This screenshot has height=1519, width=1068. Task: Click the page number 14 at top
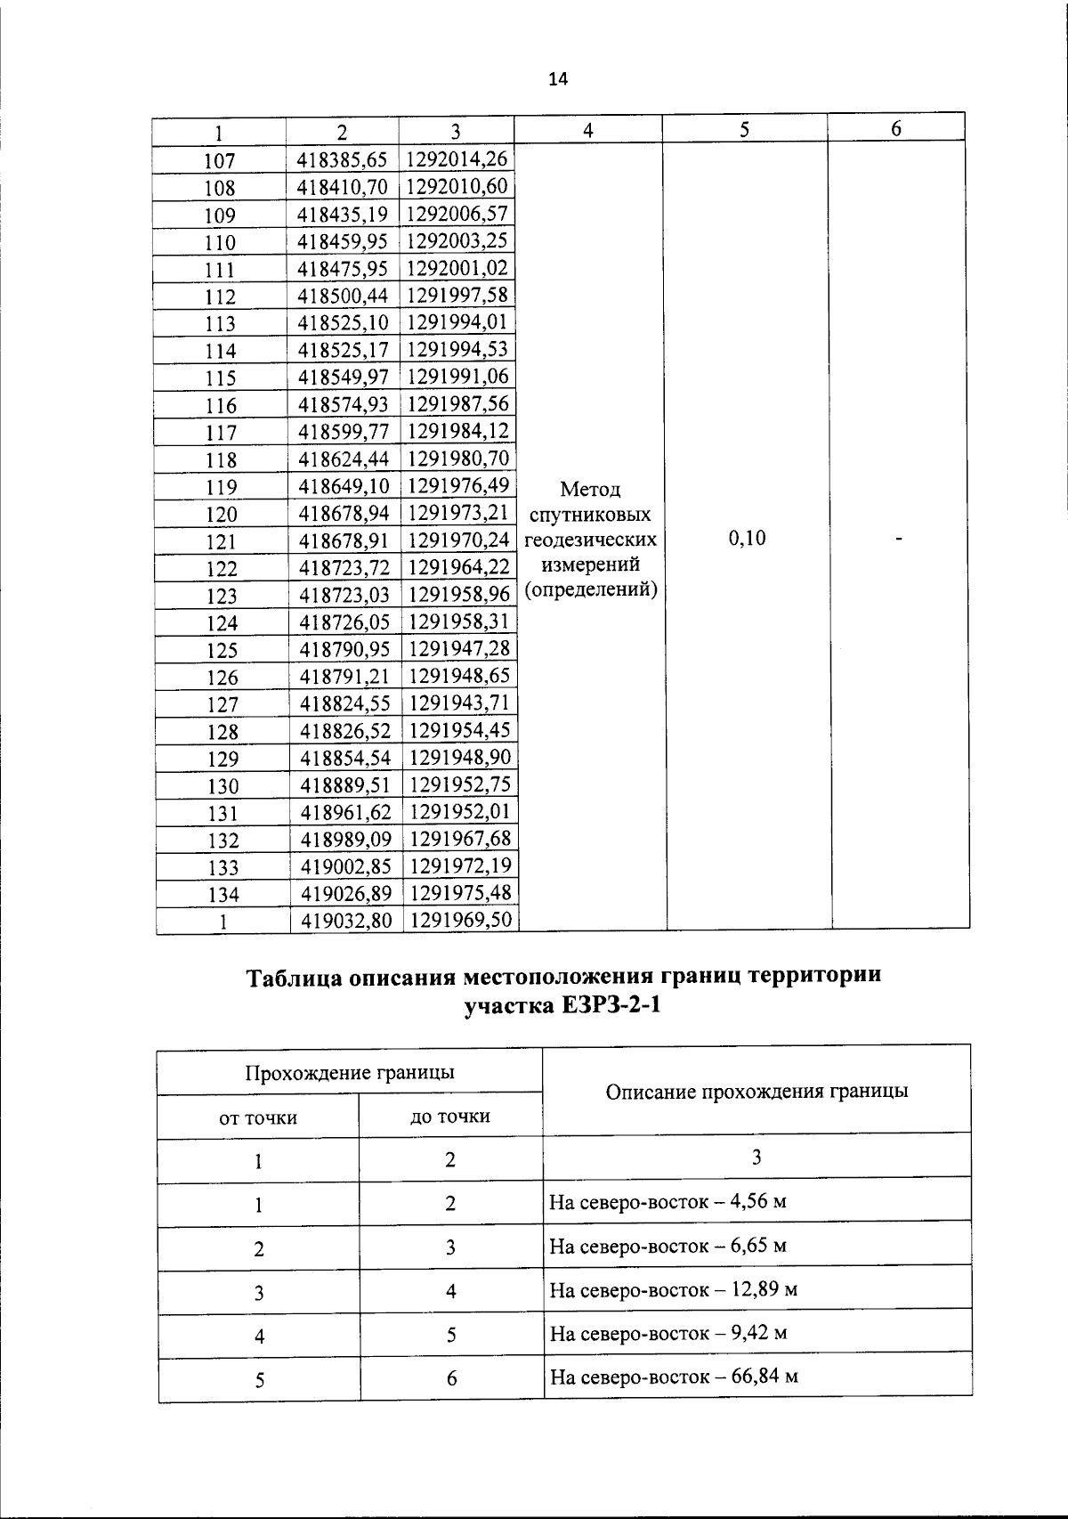[x=557, y=79]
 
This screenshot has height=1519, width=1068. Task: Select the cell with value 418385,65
[x=343, y=159]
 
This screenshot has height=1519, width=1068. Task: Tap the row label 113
[x=220, y=323]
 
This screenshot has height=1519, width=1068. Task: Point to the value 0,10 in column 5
[x=746, y=538]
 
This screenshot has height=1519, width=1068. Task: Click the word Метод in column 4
[x=591, y=489]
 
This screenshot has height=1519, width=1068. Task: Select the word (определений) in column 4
[x=591, y=589]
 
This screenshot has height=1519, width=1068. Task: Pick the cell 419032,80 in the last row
[x=346, y=920]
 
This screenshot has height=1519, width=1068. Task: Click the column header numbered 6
[x=896, y=129]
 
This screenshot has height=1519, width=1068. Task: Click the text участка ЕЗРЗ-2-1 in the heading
[x=563, y=1007]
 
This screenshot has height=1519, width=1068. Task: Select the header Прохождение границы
[x=350, y=1072]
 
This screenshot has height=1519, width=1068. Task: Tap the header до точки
[x=450, y=1117]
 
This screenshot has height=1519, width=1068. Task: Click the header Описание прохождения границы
[x=756, y=1091]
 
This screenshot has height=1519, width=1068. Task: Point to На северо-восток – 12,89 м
[x=673, y=1289]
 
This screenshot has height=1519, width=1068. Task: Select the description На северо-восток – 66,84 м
[x=674, y=1377]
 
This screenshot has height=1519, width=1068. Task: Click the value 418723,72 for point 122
[x=344, y=567]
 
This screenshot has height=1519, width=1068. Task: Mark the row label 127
[x=222, y=704]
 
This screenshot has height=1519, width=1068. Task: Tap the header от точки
[x=258, y=1117]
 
